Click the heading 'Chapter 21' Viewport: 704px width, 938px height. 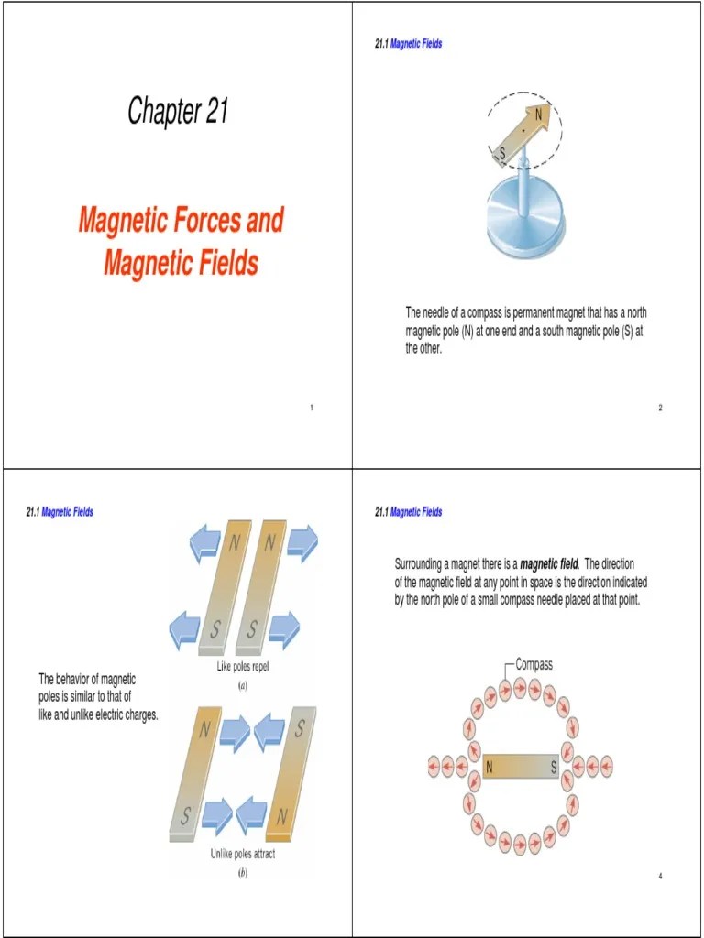click(x=178, y=112)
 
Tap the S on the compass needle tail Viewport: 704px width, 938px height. click(x=501, y=151)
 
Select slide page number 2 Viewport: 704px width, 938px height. click(x=660, y=408)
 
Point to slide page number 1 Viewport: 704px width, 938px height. click(x=312, y=408)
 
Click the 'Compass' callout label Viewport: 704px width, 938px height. click(x=534, y=664)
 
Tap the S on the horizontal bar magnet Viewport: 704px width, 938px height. click(x=553, y=768)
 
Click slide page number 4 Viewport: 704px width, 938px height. click(x=660, y=877)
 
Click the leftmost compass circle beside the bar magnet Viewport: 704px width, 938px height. click(x=434, y=766)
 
